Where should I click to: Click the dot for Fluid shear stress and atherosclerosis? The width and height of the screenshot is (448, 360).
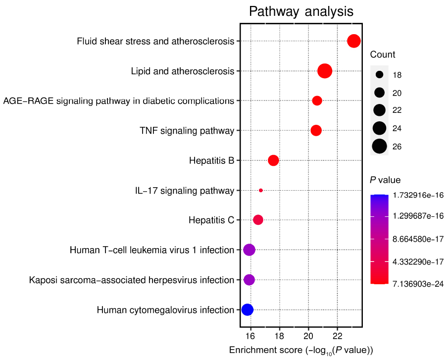coord(353,41)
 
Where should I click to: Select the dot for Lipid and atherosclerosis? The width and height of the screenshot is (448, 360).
coord(325,71)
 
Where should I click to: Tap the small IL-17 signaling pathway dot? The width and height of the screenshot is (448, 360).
coord(261,190)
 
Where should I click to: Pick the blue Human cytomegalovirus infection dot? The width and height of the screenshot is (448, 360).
coord(247,309)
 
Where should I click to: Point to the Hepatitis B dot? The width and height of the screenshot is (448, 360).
coord(273,160)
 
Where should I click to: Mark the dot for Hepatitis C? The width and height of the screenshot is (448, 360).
coord(258,220)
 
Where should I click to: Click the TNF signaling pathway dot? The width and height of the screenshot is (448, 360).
coord(316,131)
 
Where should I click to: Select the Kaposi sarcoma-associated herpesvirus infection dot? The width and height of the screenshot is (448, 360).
coord(249,280)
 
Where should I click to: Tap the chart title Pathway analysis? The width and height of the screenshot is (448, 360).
coord(301,11)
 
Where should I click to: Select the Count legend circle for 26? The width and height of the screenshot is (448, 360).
coord(380,147)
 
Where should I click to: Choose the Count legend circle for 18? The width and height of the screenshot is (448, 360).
coord(380,75)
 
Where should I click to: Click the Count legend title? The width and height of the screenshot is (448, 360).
coord(383,54)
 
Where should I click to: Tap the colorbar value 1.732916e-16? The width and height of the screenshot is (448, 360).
coord(419,196)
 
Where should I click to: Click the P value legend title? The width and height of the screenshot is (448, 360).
coord(385,180)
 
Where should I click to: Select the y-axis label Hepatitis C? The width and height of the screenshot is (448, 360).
coord(211,220)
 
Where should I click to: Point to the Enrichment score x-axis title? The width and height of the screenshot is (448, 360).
coord(301,351)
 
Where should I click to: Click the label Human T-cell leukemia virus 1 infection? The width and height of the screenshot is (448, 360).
coord(152,250)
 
